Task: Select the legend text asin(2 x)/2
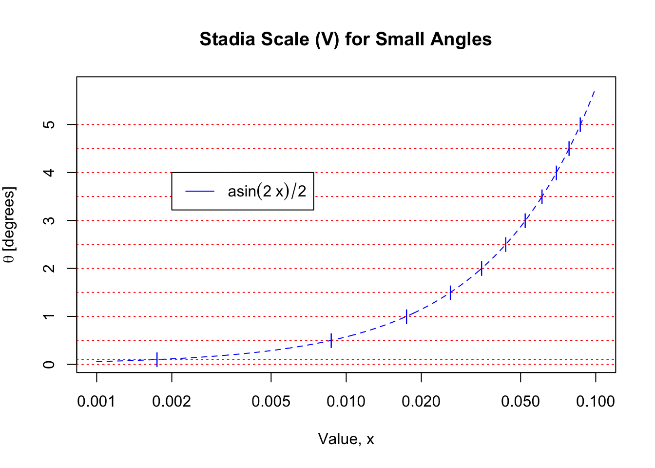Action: pyautogui.click(x=267, y=191)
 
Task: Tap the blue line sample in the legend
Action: pyautogui.click(x=200, y=191)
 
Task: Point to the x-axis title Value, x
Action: pyautogui.click(x=346, y=439)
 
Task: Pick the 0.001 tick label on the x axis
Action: pyautogui.click(x=96, y=402)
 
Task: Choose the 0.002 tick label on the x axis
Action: pyautogui.click(x=172, y=402)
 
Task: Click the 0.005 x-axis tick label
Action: pyautogui.click(x=271, y=402)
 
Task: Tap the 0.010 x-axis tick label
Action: pyautogui.click(x=346, y=402)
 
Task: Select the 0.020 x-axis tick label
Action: pyautogui.click(x=421, y=402)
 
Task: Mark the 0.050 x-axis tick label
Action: pyautogui.click(x=520, y=402)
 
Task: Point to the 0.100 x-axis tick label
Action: pyautogui.click(x=596, y=402)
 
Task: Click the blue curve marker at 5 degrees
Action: pyautogui.click(x=580, y=125)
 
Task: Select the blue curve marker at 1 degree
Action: pyautogui.click(x=406, y=316)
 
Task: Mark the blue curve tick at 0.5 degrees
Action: pyautogui.click(x=331, y=340)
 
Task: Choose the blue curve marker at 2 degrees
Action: pyautogui.click(x=482, y=268)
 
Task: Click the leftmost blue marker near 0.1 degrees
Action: pyautogui.click(x=157, y=359)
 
